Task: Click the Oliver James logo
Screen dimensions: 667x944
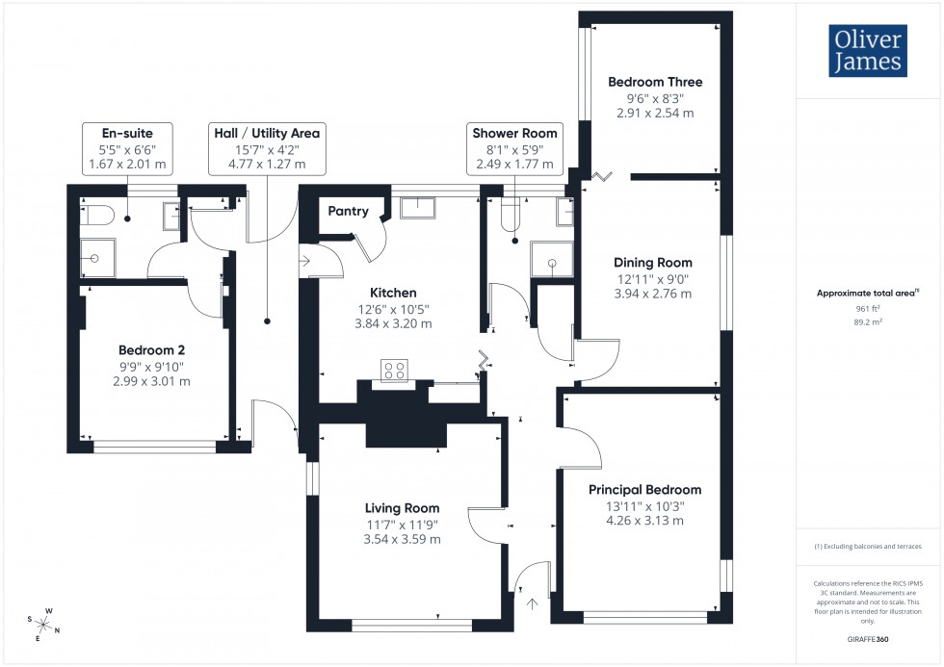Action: click(867, 51)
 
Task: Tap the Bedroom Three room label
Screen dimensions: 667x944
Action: click(655, 82)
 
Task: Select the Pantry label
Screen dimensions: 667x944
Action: click(349, 211)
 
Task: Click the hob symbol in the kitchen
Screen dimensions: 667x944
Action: click(394, 370)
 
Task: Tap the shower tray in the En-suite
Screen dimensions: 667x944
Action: click(96, 258)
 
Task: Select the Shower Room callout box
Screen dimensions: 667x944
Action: click(513, 148)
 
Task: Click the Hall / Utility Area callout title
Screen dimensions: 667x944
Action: click(266, 133)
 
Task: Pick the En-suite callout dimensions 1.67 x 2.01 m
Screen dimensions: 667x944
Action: click(127, 164)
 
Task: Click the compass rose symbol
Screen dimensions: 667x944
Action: click(45, 623)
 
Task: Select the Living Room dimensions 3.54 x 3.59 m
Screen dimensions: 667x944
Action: click(402, 539)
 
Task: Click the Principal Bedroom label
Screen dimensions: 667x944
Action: click(644, 490)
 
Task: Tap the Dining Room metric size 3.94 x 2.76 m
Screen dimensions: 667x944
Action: click(653, 294)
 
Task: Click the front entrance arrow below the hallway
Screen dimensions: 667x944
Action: click(532, 604)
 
